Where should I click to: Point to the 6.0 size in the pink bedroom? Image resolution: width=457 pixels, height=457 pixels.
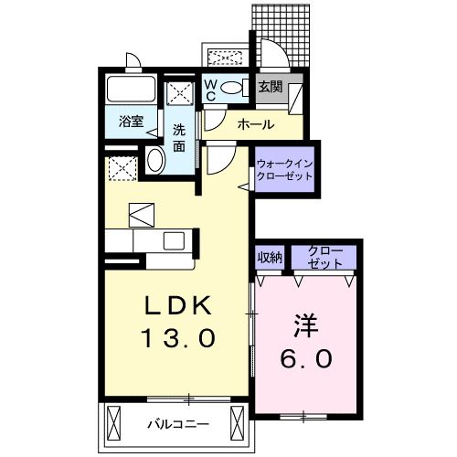point(305,359)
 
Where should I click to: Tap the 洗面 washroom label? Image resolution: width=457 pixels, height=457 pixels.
point(180,137)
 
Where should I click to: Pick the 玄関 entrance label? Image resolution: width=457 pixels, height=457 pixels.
point(270,89)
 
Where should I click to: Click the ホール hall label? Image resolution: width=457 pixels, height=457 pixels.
point(252,123)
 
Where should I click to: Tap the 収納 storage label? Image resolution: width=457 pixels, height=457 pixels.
point(269,255)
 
